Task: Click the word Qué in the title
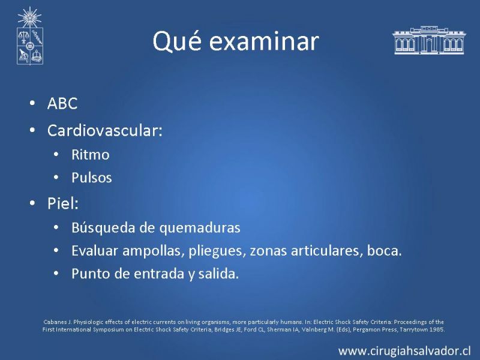(x=177, y=41)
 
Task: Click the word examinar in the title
(x=264, y=41)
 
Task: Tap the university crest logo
(x=29, y=36)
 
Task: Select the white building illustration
(x=428, y=40)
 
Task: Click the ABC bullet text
(x=62, y=103)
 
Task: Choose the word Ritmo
(x=91, y=155)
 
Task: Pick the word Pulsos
(x=92, y=178)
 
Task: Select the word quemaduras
(x=200, y=228)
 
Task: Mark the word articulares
(x=326, y=251)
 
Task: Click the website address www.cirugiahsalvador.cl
(x=404, y=351)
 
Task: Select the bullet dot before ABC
(x=32, y=103)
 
